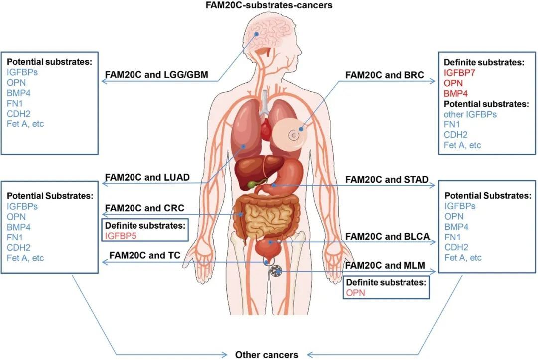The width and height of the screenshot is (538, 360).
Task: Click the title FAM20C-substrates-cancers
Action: click(x=269, y=5)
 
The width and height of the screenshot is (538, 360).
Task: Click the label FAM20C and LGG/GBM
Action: click(x=156, y=75)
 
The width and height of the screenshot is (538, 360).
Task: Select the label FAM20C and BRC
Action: click(x=385, y=75)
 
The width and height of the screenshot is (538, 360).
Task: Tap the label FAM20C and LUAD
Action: click(x=147, y=177)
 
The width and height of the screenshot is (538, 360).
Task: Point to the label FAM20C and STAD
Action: click(x=387, y=179)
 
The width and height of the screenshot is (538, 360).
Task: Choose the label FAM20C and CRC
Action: click(x=144, y=208)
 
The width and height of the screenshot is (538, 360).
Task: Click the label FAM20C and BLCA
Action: click(x=388, y=236)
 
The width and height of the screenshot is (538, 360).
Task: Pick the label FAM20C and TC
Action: click(x=145, y=255)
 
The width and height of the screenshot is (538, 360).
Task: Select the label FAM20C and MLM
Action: click(x=385, y=265)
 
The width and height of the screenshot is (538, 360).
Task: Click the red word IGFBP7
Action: click(x=459, y=73)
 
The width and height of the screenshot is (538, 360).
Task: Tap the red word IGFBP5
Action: click(x=121, y=236)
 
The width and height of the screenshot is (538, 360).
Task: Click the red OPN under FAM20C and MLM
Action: click(x=355, y=293)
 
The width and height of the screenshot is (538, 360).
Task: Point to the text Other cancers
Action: click(x=267, y=355)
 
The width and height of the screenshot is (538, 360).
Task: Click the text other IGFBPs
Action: click(x=470, y=114)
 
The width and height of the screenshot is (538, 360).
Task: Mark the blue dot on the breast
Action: click(x=301, y=129)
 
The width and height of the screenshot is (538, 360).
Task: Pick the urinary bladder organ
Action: click(x=269, y=248)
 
